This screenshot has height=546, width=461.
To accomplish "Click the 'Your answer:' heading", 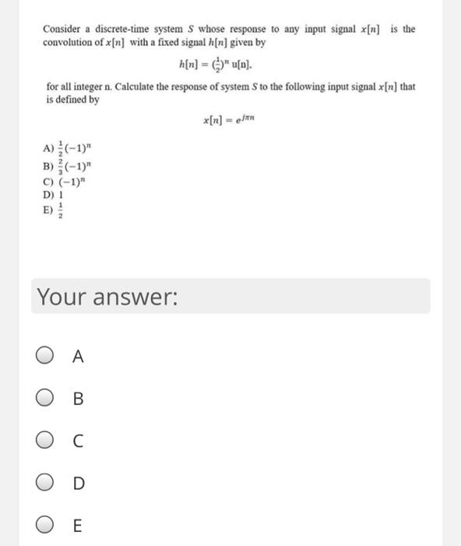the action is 107,297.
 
